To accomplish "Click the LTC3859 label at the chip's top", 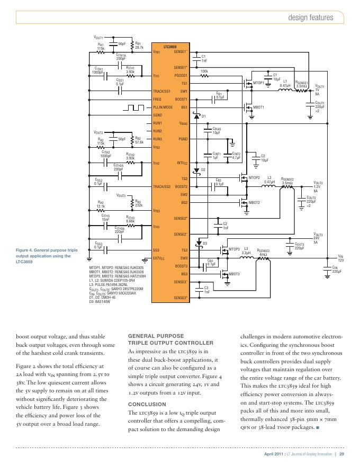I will pos(169,47).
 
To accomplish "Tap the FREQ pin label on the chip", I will pos(157,99).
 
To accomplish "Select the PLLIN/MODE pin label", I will pos(163,107).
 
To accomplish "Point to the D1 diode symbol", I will pos(197,115).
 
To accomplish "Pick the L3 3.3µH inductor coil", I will pos(246,259).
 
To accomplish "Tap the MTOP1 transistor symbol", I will pos(247,83).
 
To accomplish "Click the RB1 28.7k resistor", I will pos(132,46).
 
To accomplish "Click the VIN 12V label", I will pos(341,259).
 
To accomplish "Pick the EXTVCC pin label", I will pos(159,258).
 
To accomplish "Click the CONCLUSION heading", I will pos(147,404).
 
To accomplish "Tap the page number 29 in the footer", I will pos(342,454).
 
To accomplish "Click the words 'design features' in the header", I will pos(310,17).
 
